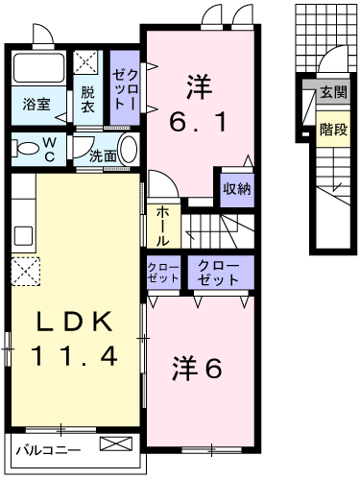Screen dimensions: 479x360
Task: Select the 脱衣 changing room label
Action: (x=87, y=101)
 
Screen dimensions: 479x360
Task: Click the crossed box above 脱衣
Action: (x=88, y=64)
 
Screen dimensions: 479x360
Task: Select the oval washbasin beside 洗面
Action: (x=130, y=150)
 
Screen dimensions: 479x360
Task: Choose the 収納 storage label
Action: (x=236, y=189)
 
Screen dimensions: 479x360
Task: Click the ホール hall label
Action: (x=163, y=223)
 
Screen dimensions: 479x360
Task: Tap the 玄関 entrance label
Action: (x=332, y=93)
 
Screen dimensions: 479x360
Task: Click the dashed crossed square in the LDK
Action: (x=26, y=273)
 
